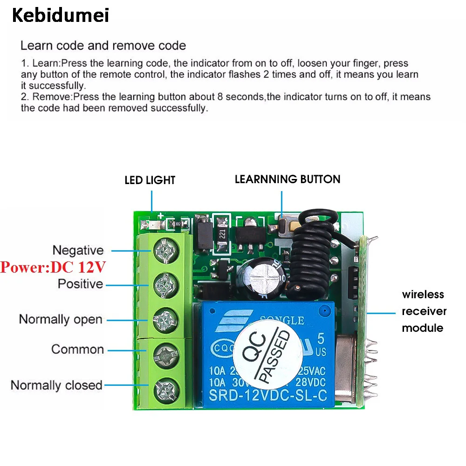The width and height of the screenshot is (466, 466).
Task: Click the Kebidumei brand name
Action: tap(60, 15)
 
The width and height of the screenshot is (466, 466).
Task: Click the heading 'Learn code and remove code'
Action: tap(103, 46)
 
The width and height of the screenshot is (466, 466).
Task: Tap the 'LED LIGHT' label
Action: tap(150, 180)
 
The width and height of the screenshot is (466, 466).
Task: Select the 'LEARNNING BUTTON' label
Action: tap(288, 179)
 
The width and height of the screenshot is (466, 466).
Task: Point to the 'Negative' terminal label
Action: tap(78, 250)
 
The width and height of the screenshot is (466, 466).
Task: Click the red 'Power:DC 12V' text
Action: tap(53, 267)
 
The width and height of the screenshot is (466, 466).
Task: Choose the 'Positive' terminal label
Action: tap(80, 283)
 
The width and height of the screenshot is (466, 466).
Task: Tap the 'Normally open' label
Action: tap(61, 320)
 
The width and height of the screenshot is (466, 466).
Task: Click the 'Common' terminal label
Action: tap(77, 349)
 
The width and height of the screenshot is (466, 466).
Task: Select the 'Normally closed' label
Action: tap(56, 385)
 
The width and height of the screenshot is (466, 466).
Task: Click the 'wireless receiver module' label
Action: tap(424, 311)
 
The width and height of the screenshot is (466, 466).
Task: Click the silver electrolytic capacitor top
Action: tap(262, 278)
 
